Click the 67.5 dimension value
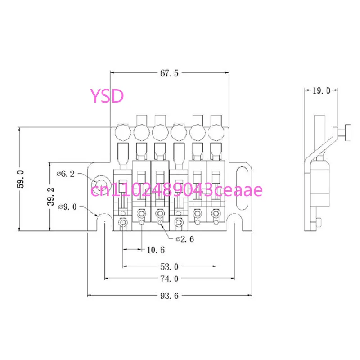(169, 73)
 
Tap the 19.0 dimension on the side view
(321, 91)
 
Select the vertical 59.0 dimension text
(21, 179)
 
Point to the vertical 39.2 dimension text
(51, 196)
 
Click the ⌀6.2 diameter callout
(66, 174)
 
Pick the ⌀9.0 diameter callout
(67, 207)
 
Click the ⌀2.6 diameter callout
(185, 239)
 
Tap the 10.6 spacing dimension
(156, 250)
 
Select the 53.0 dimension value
(169, 267)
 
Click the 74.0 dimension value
(169, 279)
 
